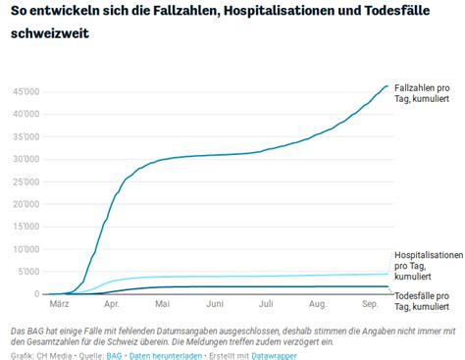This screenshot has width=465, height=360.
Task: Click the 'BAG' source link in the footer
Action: (113, 354)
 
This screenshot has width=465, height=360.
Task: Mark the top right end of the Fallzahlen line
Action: (387, 85)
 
